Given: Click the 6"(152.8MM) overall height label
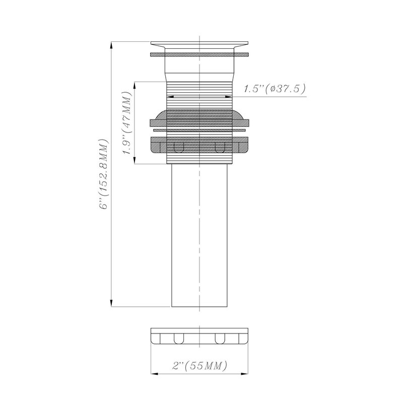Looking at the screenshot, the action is tap(104, 174).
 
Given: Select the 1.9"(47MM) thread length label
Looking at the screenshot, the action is tap(127, 122).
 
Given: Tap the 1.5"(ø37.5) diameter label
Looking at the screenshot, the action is tap(275, 89).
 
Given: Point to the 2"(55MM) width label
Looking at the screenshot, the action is tap(199, 365).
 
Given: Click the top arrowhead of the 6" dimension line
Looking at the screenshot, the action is tap(111, 45).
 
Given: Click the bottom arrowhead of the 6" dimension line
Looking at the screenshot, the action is tap(111, 303).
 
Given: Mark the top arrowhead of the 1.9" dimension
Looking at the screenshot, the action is tap(134, 85).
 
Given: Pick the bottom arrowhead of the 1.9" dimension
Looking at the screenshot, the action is tap(134, 161).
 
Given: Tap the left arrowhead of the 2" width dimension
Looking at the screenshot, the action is tap(154, 374).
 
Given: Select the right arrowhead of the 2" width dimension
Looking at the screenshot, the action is tap(245, 374).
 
